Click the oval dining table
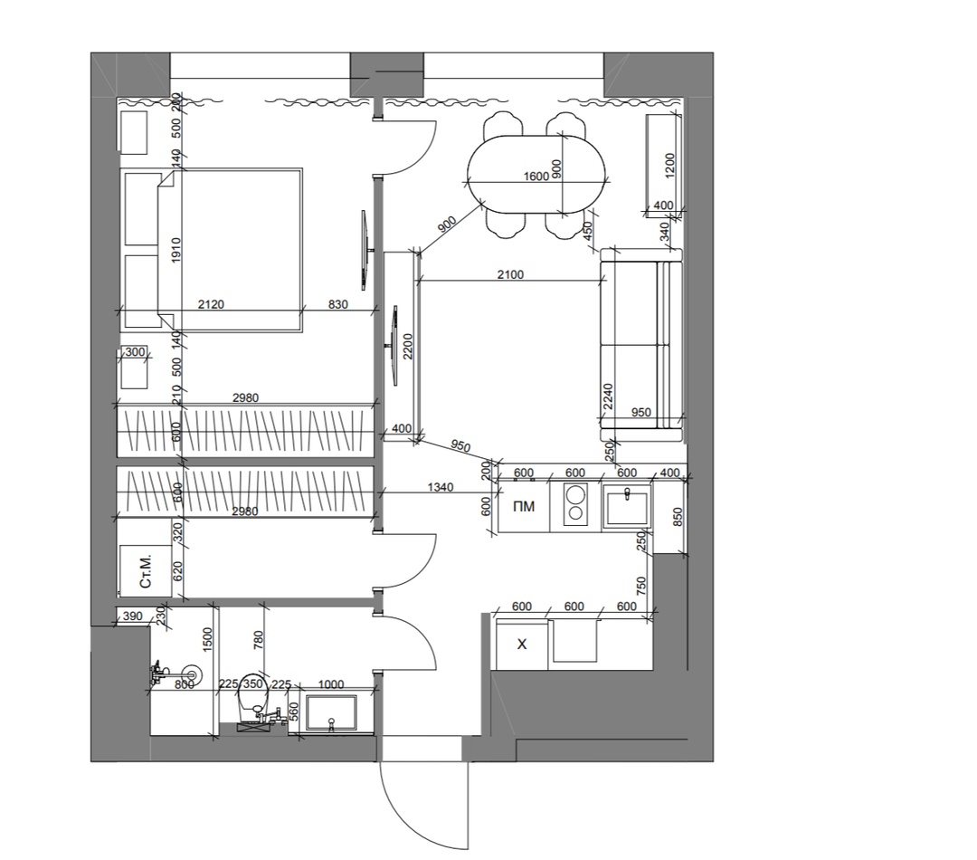tap(536, 175)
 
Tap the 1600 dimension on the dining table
tap(536, 177)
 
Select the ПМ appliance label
tap(524, 506)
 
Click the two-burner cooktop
tap(575, 503)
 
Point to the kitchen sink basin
tap(628, 503)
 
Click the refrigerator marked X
tap(522, 644)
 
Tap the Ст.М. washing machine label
tap(145, 570)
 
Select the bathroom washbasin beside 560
tap(330, 712)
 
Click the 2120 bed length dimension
tap(211, 304)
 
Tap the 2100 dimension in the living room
tap(510, 274)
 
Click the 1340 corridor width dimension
tap(441, 487)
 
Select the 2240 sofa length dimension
tap(608, 397)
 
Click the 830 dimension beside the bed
tap(337, 304)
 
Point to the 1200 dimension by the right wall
tap(670, 166)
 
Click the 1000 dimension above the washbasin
tap(331, 684)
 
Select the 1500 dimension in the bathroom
tap(208, 640)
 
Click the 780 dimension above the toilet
tap(259, 640)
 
